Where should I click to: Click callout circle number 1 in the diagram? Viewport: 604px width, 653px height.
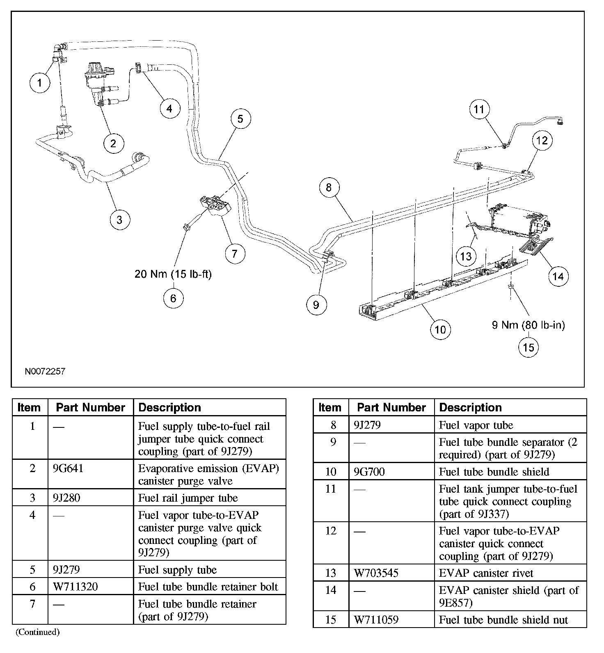click(39, 83)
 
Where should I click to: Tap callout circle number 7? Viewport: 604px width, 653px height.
click(234, 253)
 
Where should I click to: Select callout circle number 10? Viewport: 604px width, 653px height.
click(440, 329)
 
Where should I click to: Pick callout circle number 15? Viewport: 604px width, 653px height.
click(528, 347)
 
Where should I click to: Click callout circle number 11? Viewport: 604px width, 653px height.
click(479, 109)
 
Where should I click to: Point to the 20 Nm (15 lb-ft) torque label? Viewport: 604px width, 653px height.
click(173, 274)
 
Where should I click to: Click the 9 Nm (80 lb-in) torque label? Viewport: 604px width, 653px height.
click(528, 325)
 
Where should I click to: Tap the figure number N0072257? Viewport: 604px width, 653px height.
click(45, 372)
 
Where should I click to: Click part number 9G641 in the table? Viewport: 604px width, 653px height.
click(68, 468)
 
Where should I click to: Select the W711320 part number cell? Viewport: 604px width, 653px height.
click(75, 587)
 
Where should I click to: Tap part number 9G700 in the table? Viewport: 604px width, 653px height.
click(369, 472)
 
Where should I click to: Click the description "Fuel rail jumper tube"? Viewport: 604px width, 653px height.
click(188, 498)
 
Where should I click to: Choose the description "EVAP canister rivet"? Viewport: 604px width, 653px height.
click(486, 573)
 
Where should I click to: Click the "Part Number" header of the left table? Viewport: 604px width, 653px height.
click(90, 407)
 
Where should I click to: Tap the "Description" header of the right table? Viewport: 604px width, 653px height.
click(470, 407)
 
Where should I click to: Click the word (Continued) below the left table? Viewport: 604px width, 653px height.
click(37, 632)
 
